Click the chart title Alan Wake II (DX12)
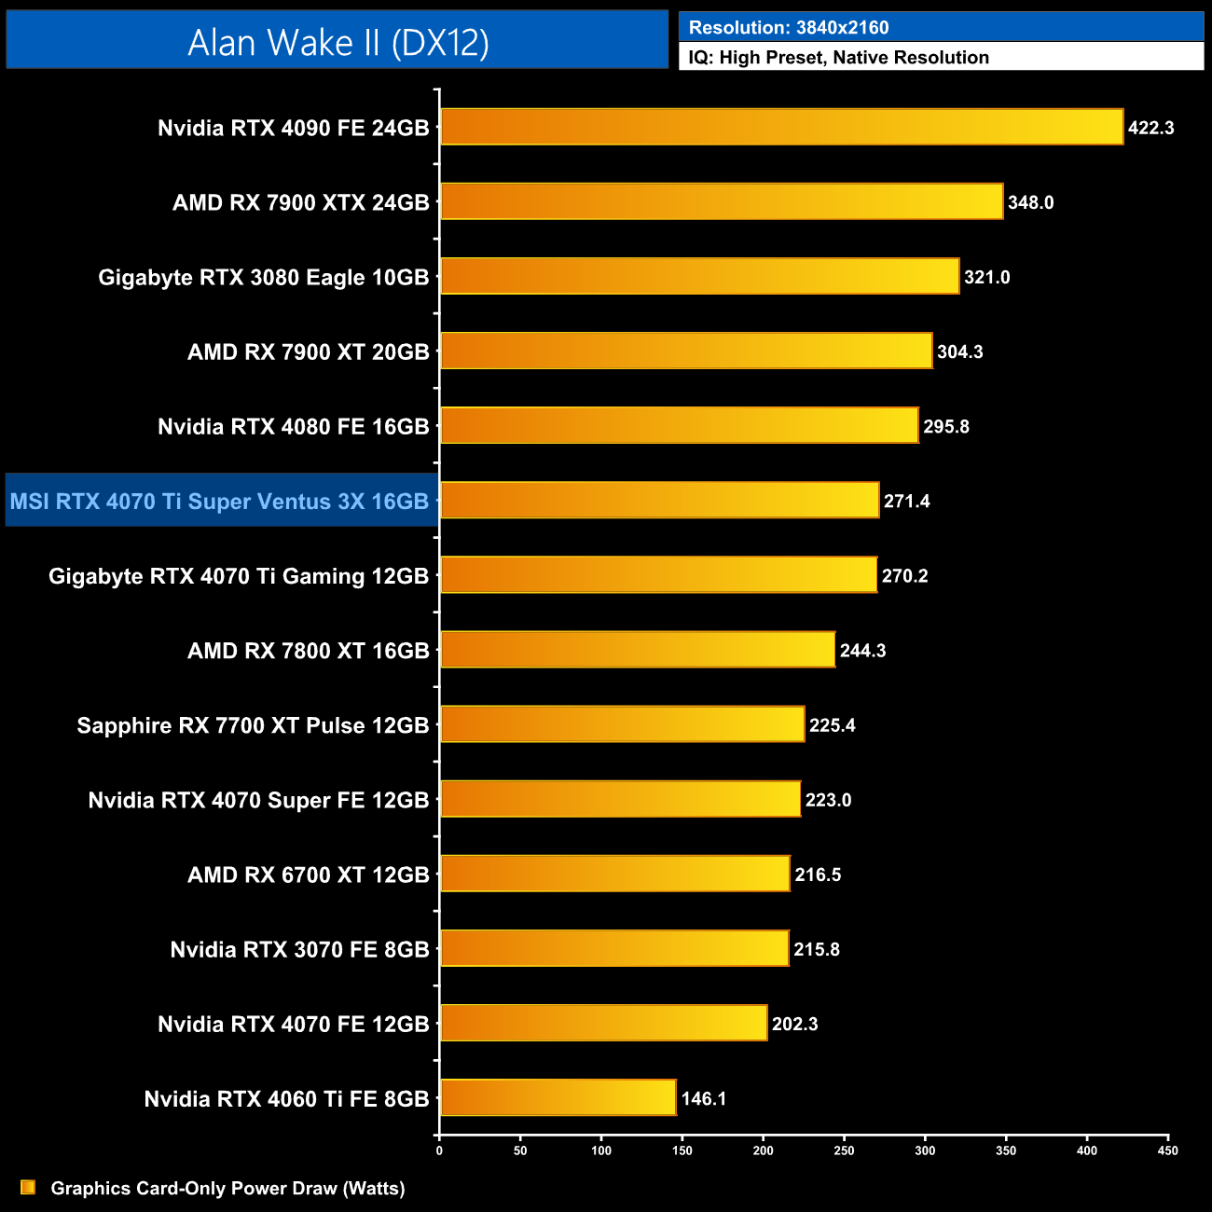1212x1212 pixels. coord(337,42)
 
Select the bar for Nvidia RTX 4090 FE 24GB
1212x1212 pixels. coord(781,127)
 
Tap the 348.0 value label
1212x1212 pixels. coord(1030,202)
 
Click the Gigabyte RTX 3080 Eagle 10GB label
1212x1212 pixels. coord(263,277)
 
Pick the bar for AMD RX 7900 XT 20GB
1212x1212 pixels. coord(686,351)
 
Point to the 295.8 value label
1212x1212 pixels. coord(945,426)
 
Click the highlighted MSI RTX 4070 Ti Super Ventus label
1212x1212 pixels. coord(220,501)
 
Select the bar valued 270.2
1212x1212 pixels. coord(658,574)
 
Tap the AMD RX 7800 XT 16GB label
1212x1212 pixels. coord(308,650)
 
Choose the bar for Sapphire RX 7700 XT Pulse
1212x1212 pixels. coord(622,724)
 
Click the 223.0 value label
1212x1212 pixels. coord(828,800)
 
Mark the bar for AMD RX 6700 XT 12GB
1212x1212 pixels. coord(614,874)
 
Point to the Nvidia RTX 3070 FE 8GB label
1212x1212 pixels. coord(299,949)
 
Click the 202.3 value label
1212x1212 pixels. coord(794,1024)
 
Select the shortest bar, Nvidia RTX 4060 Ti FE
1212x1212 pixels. coord(558,1097)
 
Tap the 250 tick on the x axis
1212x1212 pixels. coord(844,1150)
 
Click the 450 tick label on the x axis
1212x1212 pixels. coord(1167,1150)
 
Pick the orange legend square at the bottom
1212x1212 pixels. coord(28,1187)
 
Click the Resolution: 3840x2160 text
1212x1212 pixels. coord(789,27)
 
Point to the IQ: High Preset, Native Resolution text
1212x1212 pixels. coord(838,57)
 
